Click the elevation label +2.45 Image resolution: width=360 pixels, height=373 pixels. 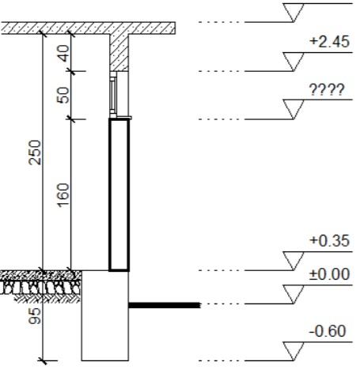(330, 42)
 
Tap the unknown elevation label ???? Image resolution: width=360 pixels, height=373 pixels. (327, 90)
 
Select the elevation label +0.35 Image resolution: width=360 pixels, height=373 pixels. (330, 241)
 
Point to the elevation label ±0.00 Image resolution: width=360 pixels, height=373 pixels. (330, 274)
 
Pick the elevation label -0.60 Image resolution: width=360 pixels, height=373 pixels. (328, 331)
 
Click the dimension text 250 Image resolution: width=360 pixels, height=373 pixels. (35, 153)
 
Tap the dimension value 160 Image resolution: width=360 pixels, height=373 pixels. (63, 195)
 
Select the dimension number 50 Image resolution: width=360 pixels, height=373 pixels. (63, 95)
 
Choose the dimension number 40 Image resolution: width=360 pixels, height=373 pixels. (63, 54)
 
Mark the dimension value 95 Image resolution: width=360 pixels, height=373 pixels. (35, 316)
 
